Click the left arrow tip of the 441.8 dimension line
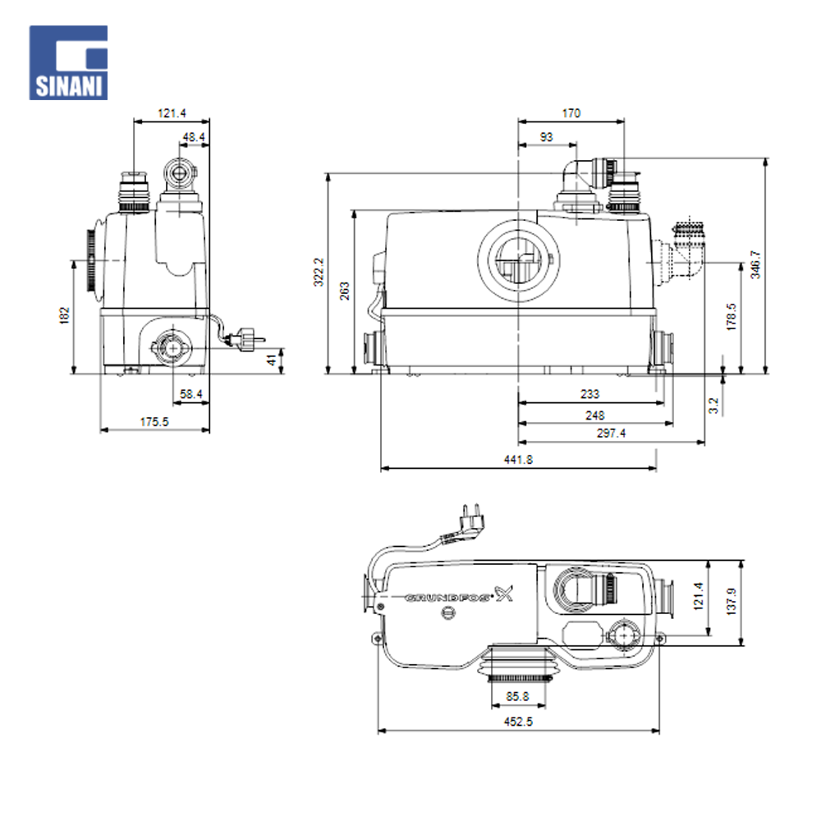(381, 468)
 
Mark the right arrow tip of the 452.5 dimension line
(659, 731)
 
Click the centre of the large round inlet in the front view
(518, 261)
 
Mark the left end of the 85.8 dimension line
(491, 706)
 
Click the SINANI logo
(69, 63)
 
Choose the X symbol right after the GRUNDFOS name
(504, 594)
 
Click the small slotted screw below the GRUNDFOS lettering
(447, 612)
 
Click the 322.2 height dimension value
(319, 272)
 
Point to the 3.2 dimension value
(713, 406)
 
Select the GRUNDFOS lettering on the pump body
(449, 598)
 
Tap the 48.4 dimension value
(194, 137)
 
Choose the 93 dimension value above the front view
(546, 137)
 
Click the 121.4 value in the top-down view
(698, 596)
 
